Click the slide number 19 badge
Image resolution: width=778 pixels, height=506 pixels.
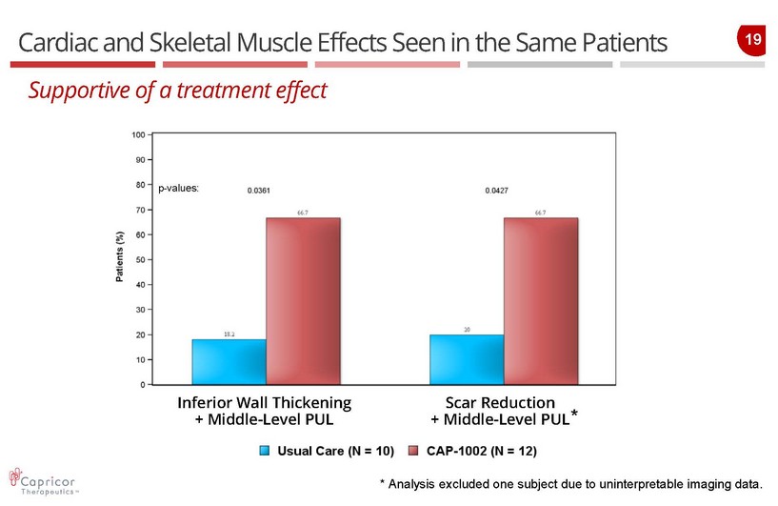[752, 40]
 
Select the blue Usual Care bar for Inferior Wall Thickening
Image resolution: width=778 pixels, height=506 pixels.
[229, 362]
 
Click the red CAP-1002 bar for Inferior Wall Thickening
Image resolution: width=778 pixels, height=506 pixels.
[303, 301]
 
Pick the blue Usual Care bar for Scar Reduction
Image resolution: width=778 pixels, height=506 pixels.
[467, 360]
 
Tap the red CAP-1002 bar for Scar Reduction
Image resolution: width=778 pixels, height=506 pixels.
[540, 301]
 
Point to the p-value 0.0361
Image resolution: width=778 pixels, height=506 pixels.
[258, 192]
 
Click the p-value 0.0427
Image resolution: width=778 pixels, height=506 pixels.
[495, 192]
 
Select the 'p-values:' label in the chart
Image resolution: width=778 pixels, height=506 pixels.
[178, 189]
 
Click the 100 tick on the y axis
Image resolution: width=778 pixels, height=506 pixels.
[138, 135]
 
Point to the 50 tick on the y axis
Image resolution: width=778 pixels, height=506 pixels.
[139, 260]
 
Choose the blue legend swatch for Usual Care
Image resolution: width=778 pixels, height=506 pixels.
[267, 450]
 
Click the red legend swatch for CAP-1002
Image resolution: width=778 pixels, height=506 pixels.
[413, 450]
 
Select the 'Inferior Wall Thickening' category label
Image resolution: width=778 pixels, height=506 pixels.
[264, 401]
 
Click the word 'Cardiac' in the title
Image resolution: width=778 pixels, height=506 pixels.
[56, 43]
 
